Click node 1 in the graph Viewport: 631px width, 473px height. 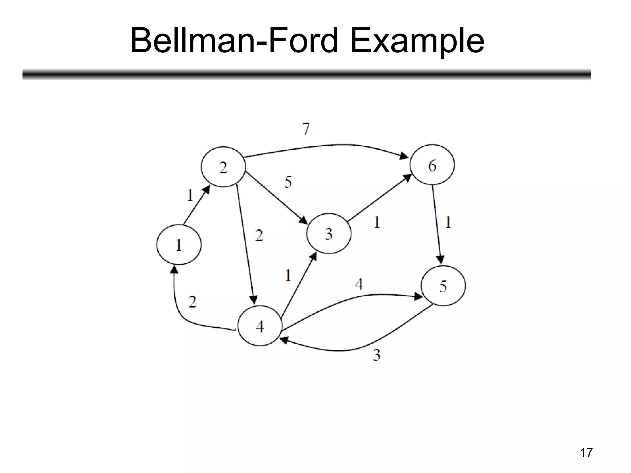(x=179, y=245)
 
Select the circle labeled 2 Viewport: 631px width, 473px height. (x=223, y=167)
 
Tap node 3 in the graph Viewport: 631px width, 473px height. (x=329, y=234)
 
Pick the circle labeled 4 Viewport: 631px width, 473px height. (x=260, y=326)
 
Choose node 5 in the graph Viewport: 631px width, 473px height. (x=443, y=286)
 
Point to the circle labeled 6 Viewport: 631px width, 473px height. (x=432, y=165)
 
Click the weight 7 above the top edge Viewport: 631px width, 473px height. (x=306, y=129)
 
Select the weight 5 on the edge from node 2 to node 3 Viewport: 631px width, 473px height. (x=288, y=182)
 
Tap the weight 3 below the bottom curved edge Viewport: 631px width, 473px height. (x=377, y=355)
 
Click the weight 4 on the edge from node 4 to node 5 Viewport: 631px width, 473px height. (x=359, y=284)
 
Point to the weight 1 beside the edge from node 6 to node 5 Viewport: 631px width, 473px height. (x=448, y=222)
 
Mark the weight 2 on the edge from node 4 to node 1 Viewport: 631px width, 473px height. (x=192, y=302)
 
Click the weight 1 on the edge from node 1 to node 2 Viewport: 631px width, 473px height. (x=190, y=195)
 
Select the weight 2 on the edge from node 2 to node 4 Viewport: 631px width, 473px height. (x=259, y=236)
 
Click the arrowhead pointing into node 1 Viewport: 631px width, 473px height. (x=174, y=270)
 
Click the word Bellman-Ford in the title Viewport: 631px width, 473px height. (x=234, y=41)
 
